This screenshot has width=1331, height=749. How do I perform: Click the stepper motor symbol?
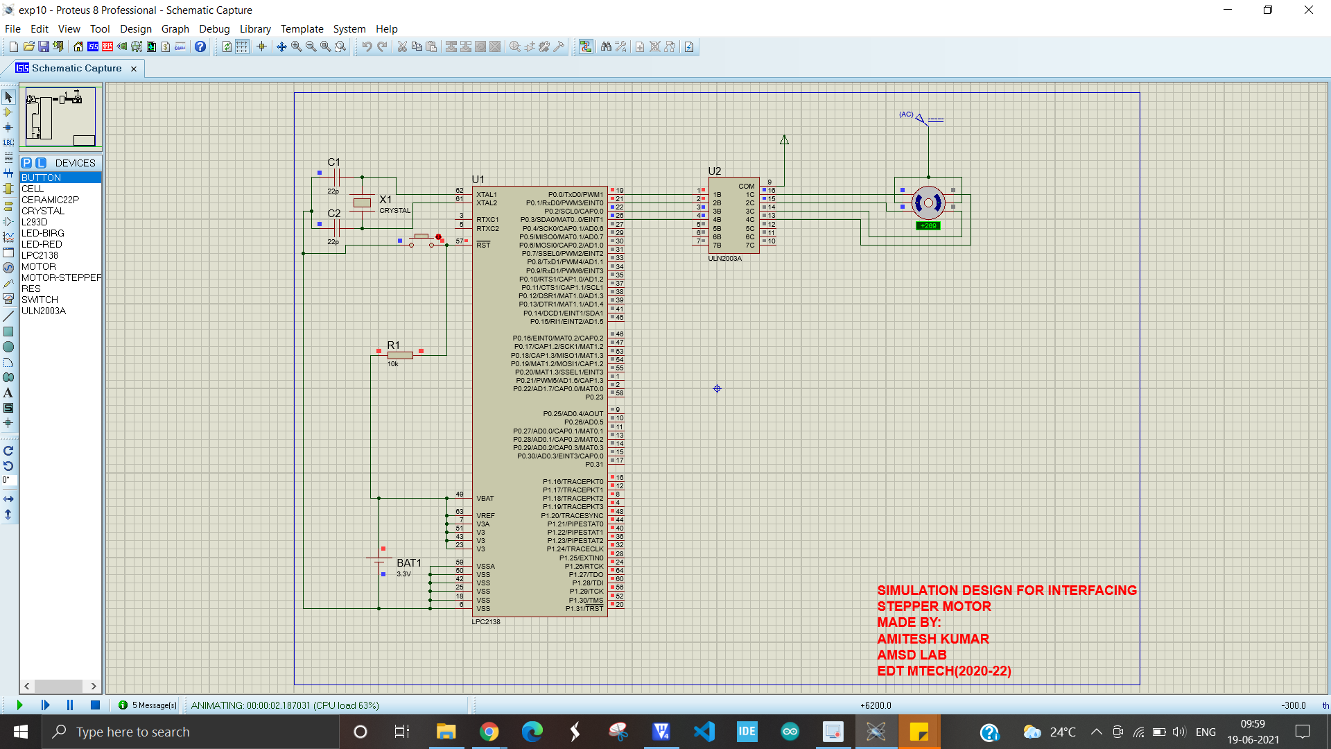pyautogui.click(x=928, y=203)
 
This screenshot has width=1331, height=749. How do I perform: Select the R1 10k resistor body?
pyautogui.click(x=400, y=355)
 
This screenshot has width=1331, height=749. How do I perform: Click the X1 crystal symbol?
pyautogui.click(x=362, y=203)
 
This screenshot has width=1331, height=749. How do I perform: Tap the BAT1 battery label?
pyautogui.click(x=408, y=562)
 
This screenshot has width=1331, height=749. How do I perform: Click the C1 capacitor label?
pyautogui.click(x=333, y=162)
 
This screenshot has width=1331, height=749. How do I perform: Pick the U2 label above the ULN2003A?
pyautogui.click(x=714, y=171)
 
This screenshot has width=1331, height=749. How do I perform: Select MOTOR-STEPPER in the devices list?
pyautogui.click(x=61, y=277)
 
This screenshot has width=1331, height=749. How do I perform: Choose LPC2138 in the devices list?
pyautogui.click(x=40, y=255)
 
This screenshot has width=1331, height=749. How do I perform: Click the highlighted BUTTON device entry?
pyautogui.click(x=42, y=178)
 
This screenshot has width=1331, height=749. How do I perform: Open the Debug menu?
pyautogui.click(x=214, y=28)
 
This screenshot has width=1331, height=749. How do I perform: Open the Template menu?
pyautogui.click(x=302, y=28)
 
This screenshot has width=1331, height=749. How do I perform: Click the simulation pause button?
pyautogui.click(x=70, y=705)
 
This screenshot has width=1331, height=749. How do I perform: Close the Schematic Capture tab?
pyautogui.click(x=134, y=69)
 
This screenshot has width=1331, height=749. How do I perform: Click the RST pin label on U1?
pyautogui.click(x=483, y=245)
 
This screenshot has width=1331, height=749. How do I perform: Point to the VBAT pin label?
pyautogui.click(x=485, y=498)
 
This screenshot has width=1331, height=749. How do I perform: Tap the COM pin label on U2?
pyautogui.click(x=746, y=186)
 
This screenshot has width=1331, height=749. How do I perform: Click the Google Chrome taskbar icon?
pyautogui.click(x=489, y=732)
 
